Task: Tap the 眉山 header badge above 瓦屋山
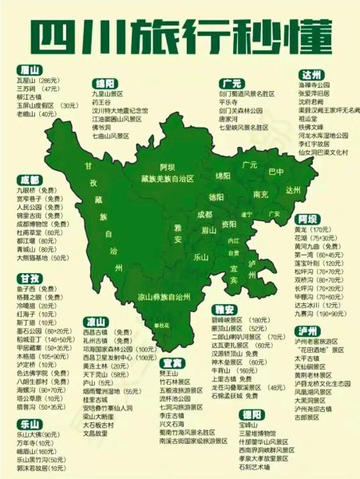tap(30, 69)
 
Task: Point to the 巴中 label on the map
tap(276, 172)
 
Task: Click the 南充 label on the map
tap(260, 194)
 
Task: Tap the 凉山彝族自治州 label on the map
tap(164, 296)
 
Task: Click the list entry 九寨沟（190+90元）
tap(320, 314)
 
